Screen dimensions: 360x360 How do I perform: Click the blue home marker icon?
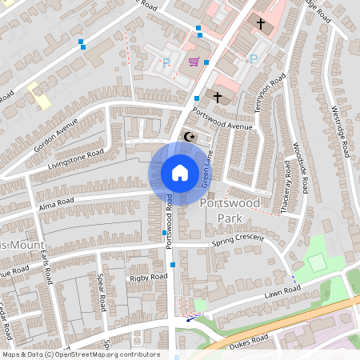(x=180, y=173)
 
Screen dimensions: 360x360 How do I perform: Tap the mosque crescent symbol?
(x=190, y=137)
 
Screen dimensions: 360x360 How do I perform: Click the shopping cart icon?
(x=193, y=61)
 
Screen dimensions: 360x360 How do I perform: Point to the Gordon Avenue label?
(x=56, y=134)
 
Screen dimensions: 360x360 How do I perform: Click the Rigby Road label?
(x=124, y=278)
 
